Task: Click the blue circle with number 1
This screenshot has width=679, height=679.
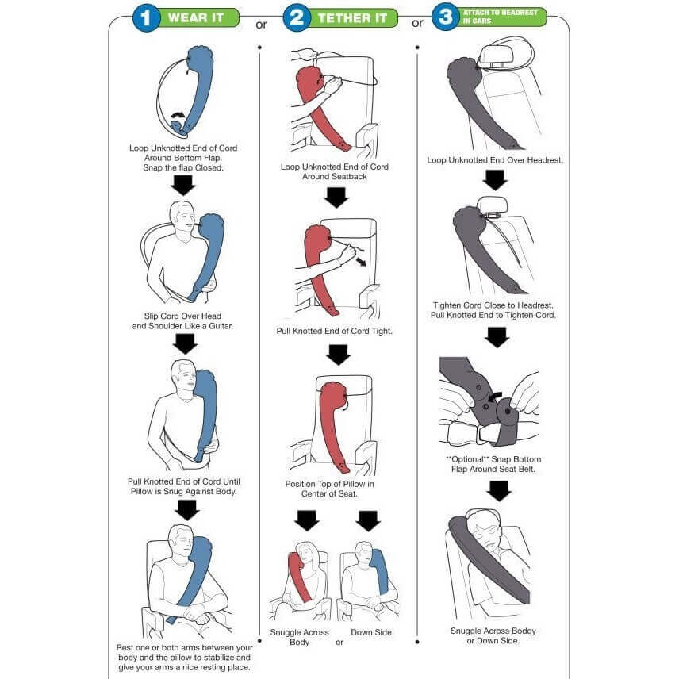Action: (x=146, y=17)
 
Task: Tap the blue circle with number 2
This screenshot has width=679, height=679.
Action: (x=297, y=17)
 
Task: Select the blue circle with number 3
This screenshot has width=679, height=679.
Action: (x=446, y=17)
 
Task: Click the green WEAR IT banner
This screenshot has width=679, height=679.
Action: (x=197, y=17)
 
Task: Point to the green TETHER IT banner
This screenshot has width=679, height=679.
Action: (x=351, y=18)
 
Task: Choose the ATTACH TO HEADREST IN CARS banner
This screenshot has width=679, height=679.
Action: (x=501, y=17)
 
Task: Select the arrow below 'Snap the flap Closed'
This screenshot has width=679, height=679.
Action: (x=182, y=185)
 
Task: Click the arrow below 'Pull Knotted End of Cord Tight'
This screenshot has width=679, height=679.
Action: (x=338, y=355)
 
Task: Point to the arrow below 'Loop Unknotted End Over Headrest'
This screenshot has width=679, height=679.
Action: (x=495, y=180)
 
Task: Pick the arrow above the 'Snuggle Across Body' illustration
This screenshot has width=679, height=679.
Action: (x=307, y=520)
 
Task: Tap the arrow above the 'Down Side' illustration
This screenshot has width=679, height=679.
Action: (x=368, y=520)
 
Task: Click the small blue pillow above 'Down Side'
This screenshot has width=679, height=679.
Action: (x=379, y=572)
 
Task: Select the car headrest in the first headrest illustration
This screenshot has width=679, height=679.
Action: (x=496, y=55)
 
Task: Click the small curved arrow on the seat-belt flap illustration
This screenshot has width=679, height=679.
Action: (x=493, y=397)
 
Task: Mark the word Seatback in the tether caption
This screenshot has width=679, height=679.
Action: (x=351, y=177)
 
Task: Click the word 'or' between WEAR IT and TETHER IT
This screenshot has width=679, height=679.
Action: (x=261, y=25)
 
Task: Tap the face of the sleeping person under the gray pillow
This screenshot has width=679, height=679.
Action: (x=484, y=539)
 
